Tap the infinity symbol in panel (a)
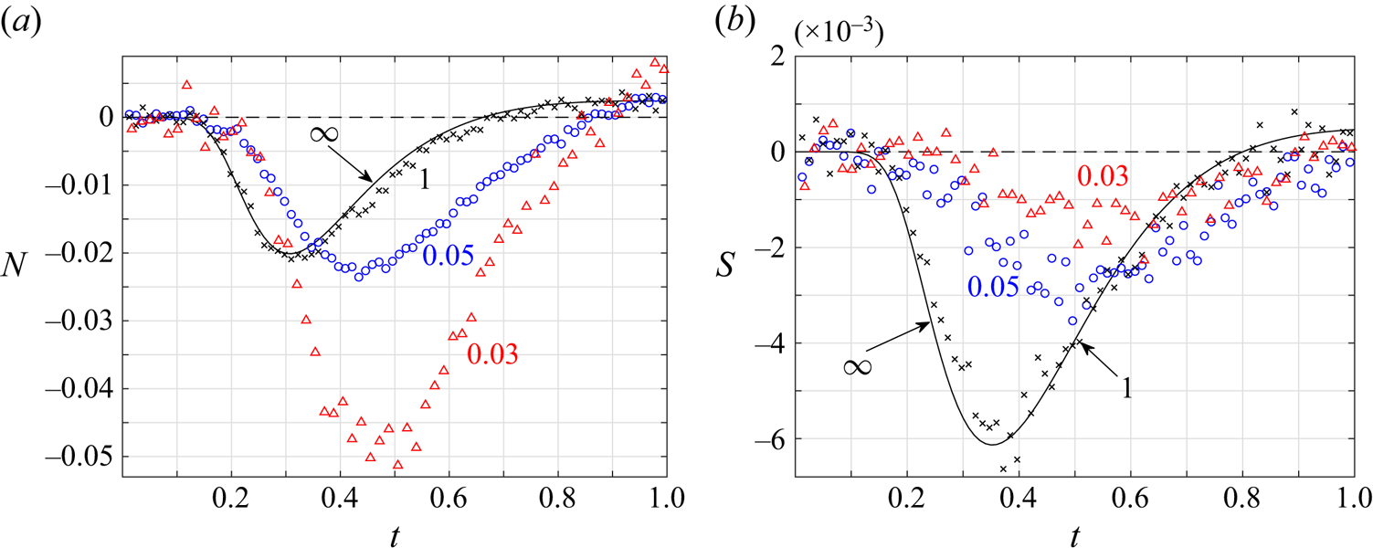[324, 134]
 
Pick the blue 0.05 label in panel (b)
[995, 286]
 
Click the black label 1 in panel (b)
[1127, 387]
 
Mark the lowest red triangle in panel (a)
[397, 465]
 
